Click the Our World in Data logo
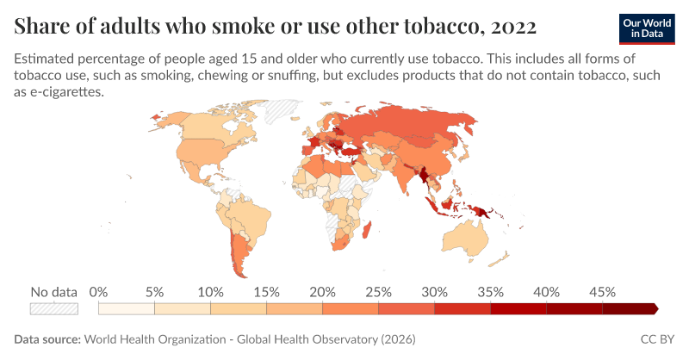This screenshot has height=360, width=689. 647,29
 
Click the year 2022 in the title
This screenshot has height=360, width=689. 513,27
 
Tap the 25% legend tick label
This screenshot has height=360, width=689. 378,292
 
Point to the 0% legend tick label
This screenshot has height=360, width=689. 98,292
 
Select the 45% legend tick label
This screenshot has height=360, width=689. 602,292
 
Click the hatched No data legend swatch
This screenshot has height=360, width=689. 54,309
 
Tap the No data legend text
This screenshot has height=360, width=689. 54,292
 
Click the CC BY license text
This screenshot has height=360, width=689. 657,339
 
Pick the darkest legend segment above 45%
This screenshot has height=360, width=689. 630,309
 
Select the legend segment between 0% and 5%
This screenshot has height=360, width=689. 127,309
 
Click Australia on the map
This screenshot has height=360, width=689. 466,238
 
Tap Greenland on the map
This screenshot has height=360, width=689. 282,111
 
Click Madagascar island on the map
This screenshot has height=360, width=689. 367,230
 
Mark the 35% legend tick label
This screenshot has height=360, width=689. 490,292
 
